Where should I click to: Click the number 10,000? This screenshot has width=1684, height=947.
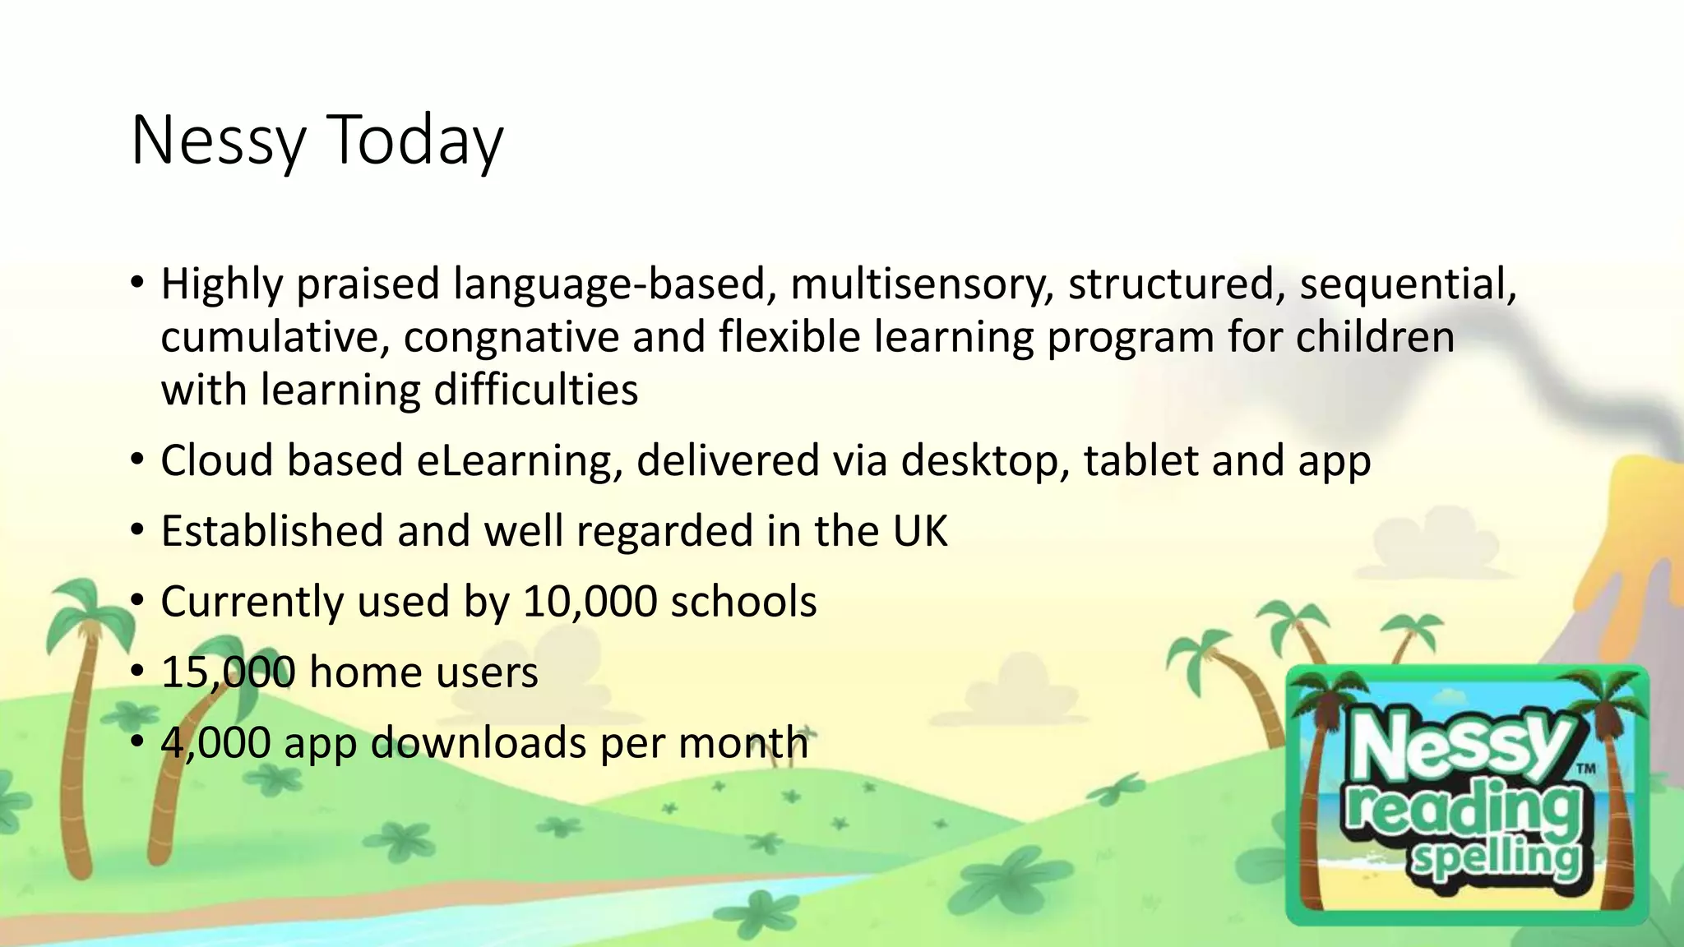coord(590,602)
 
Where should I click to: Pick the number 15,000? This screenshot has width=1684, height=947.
coord(228,672)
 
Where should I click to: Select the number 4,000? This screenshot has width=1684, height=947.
coord(215,743)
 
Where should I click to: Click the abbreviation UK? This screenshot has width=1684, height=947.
coord(920,531)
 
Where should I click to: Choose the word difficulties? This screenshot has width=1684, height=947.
coord(535,390)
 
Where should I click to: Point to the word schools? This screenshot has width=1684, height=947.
coord(743,602)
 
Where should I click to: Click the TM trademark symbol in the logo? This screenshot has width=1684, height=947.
coord(1586,769)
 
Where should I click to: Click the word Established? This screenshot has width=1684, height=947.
coord(272,531)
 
